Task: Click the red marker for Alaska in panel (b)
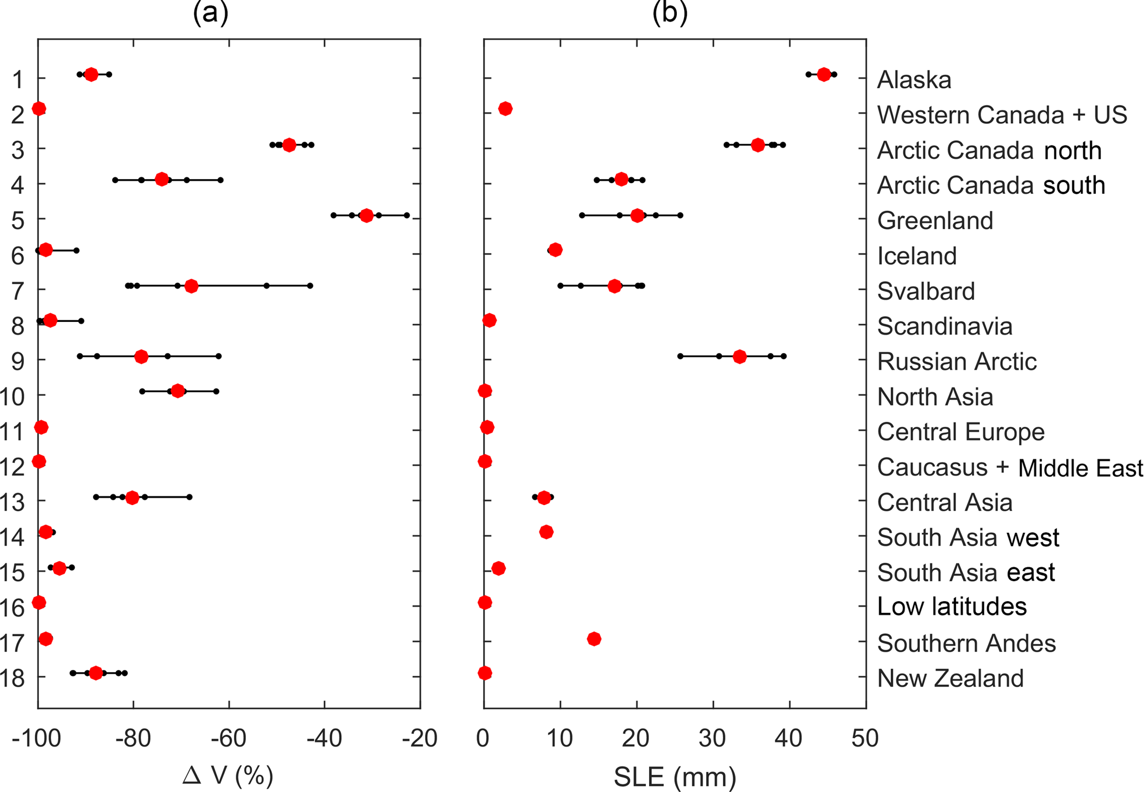[824, 74]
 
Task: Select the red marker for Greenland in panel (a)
[366, 215]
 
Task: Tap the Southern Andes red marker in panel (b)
[594, 639]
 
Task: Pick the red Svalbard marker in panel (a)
[191, 286]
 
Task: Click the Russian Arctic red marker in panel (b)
[740, 356]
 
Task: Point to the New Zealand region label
[950, 678]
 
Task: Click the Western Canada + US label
[1002, 115]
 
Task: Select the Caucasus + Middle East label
[1010, 467]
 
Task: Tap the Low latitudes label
[951, 607]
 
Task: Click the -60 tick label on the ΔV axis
[229, 739]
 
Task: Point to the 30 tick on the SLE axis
[712, 739]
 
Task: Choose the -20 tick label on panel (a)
[419, 739]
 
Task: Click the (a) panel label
[210, 12]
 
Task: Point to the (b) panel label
[670, 12]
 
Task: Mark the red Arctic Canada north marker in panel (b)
[758, 145]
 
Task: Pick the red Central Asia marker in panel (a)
[132, 497]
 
